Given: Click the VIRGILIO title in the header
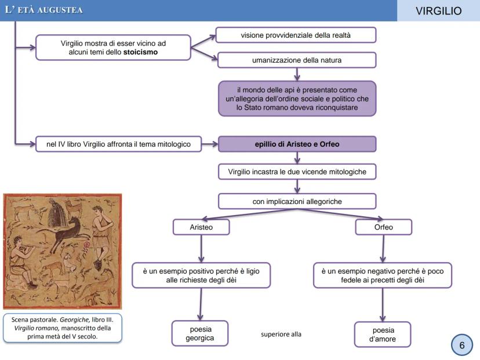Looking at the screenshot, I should tap(438, 11).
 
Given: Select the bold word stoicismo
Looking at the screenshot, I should tap(141, 52).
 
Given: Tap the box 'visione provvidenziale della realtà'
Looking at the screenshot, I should tap(296, 35).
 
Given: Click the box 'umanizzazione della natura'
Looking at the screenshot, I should tap(296, 60).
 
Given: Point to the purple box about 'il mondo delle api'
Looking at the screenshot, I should tap(296, 99).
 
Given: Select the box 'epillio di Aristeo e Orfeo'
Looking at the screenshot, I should tap(297, 144).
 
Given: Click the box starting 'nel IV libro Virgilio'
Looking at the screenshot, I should tap(118, 144).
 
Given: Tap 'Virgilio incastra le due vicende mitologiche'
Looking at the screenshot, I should tap(297, 172).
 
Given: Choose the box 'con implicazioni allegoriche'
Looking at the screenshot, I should tap(297, 201).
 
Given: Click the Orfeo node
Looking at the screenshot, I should tap(383, 227).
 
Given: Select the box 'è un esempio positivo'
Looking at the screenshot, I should tap(201, 275).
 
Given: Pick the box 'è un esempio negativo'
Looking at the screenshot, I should tap(383, 275).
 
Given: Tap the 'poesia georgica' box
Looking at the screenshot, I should tap(200, 333).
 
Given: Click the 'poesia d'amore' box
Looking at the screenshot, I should tap(382, 334).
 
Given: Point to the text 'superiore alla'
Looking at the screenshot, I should tap(281, 334).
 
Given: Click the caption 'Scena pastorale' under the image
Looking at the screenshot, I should tap(62, 328).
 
